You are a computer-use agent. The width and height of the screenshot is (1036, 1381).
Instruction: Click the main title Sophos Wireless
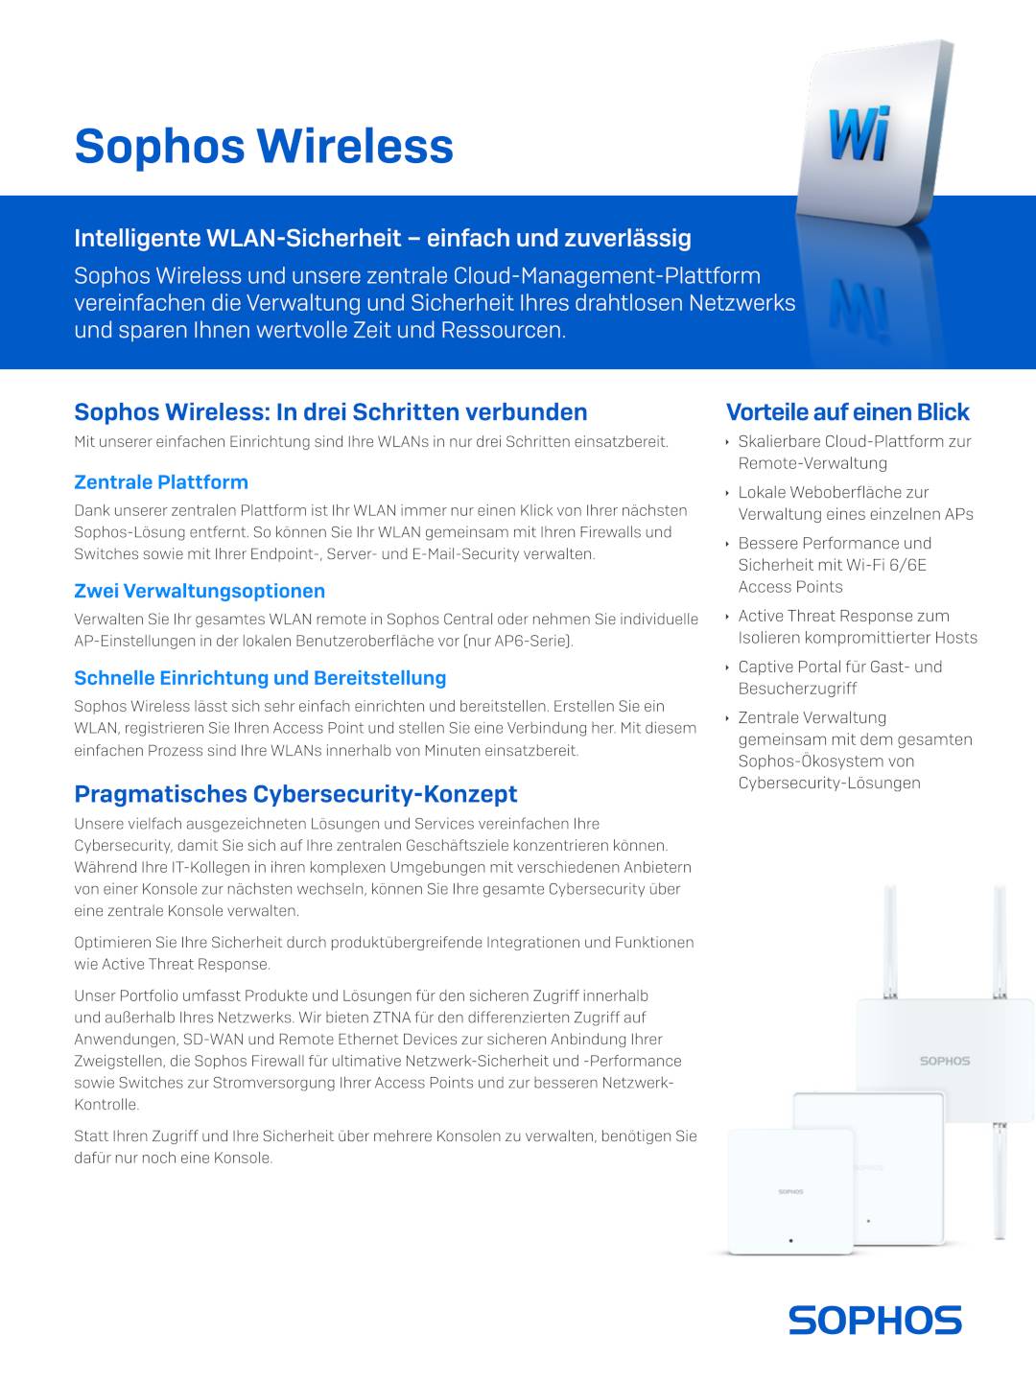[264, 146]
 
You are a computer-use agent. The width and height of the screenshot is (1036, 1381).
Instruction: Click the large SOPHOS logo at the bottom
[875, 1321]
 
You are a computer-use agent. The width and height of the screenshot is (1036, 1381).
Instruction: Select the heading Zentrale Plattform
[161, 482]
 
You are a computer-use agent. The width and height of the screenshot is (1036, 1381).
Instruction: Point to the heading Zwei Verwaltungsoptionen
[200, 591]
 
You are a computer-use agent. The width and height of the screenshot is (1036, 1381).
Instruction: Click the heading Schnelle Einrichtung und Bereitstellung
[260, 678]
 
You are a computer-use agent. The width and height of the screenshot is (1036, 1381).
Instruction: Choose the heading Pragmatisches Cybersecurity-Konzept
[295, 794]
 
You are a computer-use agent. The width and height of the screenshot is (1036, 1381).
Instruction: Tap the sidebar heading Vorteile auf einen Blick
[847, 412]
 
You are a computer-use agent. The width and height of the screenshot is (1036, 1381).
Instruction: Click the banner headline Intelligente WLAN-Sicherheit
[383, 238]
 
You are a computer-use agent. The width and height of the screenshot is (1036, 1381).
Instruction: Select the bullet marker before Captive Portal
[727, 667]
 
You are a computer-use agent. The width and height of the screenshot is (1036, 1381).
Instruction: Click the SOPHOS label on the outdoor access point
[945, 1061]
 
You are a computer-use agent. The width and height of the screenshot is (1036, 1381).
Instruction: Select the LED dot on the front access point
[790, 1240]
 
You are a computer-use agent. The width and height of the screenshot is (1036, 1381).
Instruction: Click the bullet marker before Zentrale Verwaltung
[727, 718]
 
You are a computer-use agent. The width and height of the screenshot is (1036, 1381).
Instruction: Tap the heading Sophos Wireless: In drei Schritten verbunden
[331, 412]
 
